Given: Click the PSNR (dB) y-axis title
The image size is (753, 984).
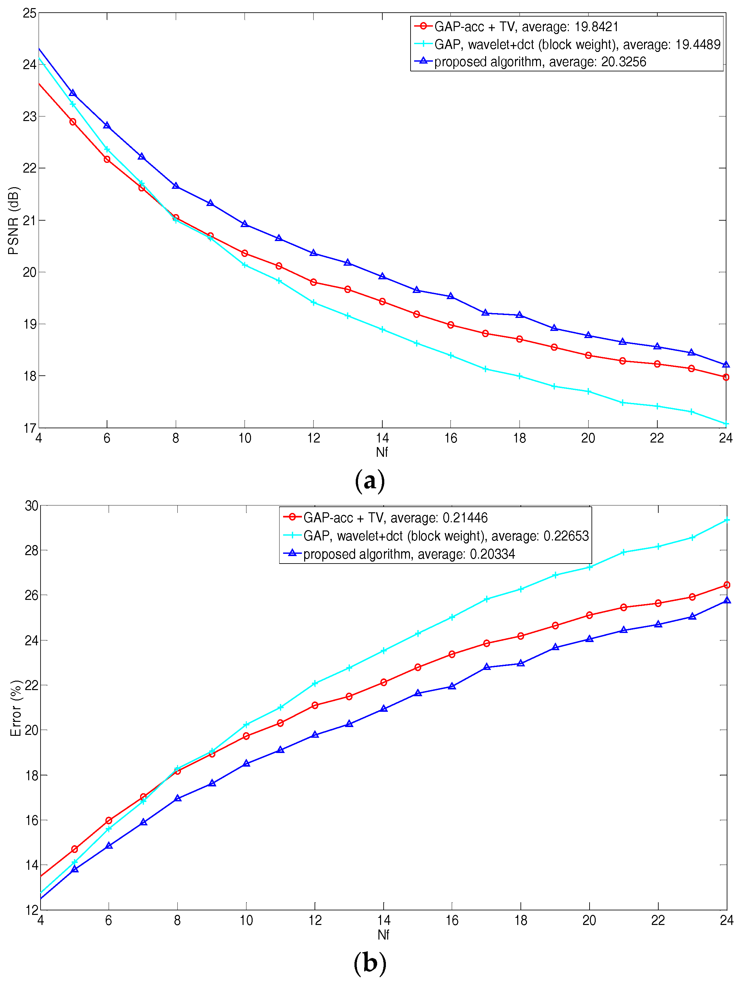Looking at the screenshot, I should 13,221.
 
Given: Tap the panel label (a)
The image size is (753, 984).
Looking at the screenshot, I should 370,481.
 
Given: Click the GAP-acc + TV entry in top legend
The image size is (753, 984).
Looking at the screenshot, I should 526,27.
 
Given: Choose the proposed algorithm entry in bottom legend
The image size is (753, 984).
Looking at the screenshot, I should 409,554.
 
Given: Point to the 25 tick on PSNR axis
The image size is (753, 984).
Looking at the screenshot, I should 30,13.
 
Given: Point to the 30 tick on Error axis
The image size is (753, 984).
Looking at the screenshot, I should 31,506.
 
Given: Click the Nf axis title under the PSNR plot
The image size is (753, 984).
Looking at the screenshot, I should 382,452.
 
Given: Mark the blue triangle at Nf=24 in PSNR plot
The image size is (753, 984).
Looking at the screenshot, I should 726,364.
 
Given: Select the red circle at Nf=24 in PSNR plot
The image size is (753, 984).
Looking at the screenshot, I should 726,377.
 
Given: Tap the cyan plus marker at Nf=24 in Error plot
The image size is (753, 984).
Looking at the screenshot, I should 726,520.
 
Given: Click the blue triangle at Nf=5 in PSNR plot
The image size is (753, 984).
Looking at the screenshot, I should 73,93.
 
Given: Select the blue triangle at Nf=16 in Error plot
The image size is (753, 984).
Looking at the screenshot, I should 452,686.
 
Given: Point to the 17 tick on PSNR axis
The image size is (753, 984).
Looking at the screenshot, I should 30,428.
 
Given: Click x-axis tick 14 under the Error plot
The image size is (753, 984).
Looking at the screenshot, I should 384,920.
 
